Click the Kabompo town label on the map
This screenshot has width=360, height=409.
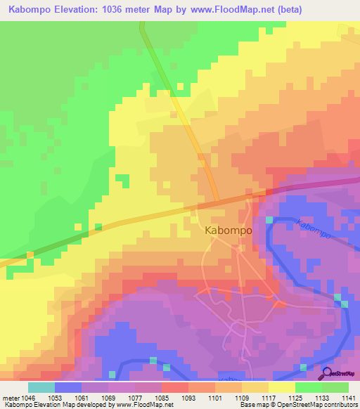tap(224, 230)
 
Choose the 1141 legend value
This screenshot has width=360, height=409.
tap(349, 398)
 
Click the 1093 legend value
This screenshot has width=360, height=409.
tap(188, 398)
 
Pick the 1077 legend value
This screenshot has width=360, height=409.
tap(135, 398)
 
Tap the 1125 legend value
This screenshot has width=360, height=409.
tap(295, 398)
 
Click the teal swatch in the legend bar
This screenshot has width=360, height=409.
tap(41, 387)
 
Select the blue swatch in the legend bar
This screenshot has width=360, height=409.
tap(68, 387)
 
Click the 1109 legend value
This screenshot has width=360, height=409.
tap(242, 398)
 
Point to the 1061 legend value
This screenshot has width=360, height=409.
tap(82, 398)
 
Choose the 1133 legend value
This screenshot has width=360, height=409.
tap(322, 398)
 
